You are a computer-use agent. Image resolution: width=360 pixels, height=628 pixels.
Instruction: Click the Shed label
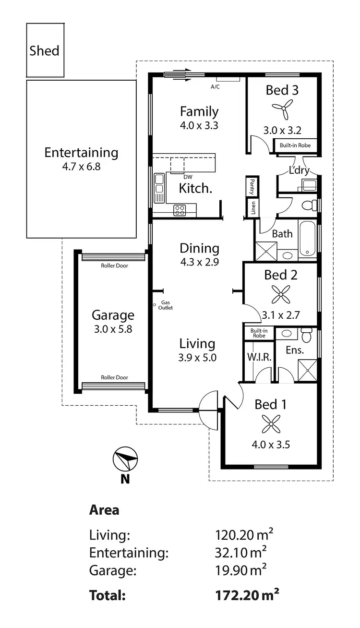coord(45,51)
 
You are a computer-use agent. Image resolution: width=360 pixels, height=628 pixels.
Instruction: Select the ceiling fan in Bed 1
coord(271,424)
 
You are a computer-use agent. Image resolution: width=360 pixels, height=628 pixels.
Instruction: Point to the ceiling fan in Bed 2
coord(281,295)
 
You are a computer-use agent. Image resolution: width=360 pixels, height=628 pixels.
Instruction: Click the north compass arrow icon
coord(125,460)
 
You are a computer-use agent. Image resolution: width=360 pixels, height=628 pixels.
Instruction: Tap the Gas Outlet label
coord(165,305)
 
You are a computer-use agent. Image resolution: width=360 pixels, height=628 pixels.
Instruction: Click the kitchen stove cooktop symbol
coord(180,209)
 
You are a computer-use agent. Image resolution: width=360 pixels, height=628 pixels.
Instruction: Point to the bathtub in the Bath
coord(308,239)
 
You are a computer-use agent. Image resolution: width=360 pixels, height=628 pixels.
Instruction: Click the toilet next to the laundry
coord(309,205)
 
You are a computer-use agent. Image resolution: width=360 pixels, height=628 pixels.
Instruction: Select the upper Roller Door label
coord(114,266)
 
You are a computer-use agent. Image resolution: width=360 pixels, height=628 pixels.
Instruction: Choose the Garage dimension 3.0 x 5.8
coord(113,330)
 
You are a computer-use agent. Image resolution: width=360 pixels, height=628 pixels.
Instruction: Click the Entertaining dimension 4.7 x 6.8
coord(81,168)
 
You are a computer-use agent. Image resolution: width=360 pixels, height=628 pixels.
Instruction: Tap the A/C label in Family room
coord(215,87)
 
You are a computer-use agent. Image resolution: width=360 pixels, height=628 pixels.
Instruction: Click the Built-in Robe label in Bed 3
coord(295,145)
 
